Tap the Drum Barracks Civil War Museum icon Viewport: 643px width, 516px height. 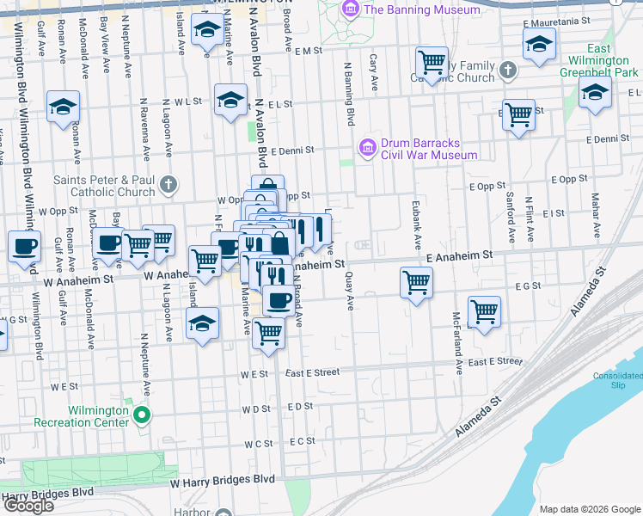pyautogui.click(x=368, y=148)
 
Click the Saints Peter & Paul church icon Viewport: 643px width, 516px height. pyautogui.click(x=168, y=184)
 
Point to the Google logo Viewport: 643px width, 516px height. pyautogui.click(x=28, y=506)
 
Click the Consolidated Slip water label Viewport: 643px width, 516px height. pyautogui.click(x=617, y=380)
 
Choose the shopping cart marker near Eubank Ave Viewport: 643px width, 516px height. pyautogui.click(x=416, y=282)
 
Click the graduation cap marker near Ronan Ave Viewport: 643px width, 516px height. pyautogui.click(x=63, y=107)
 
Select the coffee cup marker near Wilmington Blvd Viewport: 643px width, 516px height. pyautogui.click(x=25, y=247)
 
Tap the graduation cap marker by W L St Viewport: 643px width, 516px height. pyautogui.click(x=230, y=100)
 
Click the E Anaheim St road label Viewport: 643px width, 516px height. pyautogui.click(x=459, y=255)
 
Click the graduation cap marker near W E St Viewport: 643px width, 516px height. pyautogui.click(x=202, y=324)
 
